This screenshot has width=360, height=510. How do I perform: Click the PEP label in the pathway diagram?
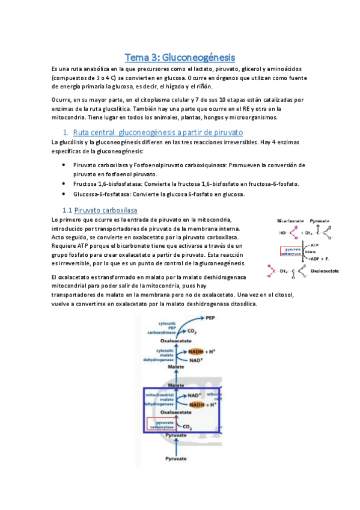point(211,317)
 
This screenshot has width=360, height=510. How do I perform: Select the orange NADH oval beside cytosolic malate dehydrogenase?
point(196,351)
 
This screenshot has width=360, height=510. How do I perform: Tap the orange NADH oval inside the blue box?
point(197,405)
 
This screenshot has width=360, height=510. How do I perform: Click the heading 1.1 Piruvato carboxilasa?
point(99,210)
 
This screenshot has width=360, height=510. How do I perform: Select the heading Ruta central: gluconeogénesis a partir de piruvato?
point(157,132)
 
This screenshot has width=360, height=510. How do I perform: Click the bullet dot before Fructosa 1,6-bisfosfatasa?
point(64,183)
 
